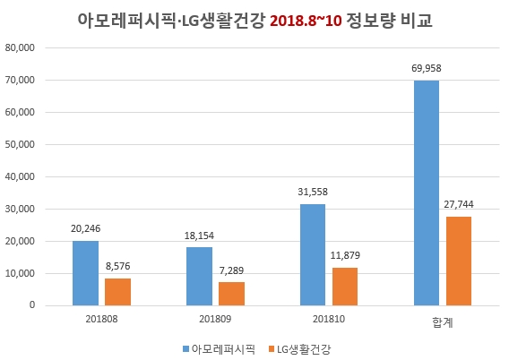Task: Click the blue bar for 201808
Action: click(85, 272)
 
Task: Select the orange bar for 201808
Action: click(117, 291)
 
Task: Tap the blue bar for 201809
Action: click(200, 276)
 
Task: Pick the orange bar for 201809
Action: click(231, 293)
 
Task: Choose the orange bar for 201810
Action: click(345, 286)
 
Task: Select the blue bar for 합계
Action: click(427, 193)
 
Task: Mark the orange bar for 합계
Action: click(459, 261)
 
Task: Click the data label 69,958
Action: click(427, 67)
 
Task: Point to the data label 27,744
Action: click(459, 203)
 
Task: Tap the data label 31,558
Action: click(314, 191)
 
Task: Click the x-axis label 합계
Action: click(443, 317)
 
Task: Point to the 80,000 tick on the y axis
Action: click(20, 48)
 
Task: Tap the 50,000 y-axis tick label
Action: click(20, 144)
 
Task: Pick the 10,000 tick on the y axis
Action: click(20, 273)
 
